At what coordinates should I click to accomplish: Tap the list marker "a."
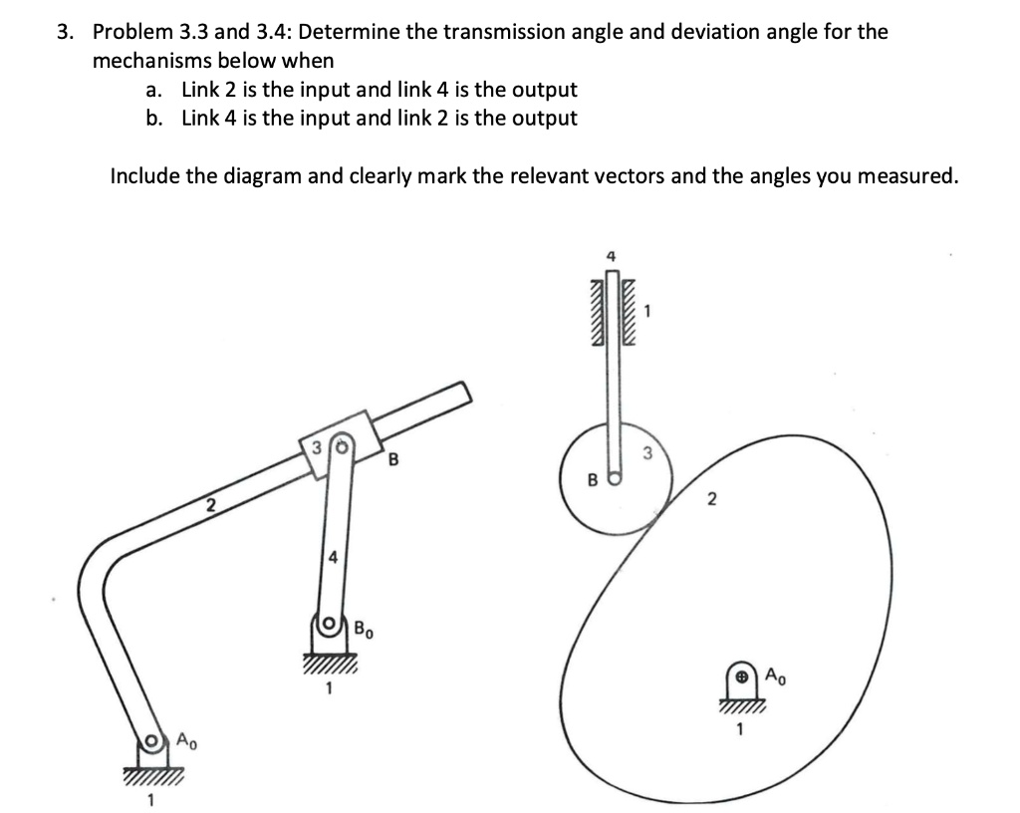pos(153,90)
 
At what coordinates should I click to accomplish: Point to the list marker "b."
pos(153,119)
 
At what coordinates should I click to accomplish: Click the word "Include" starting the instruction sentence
pos(144,176)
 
